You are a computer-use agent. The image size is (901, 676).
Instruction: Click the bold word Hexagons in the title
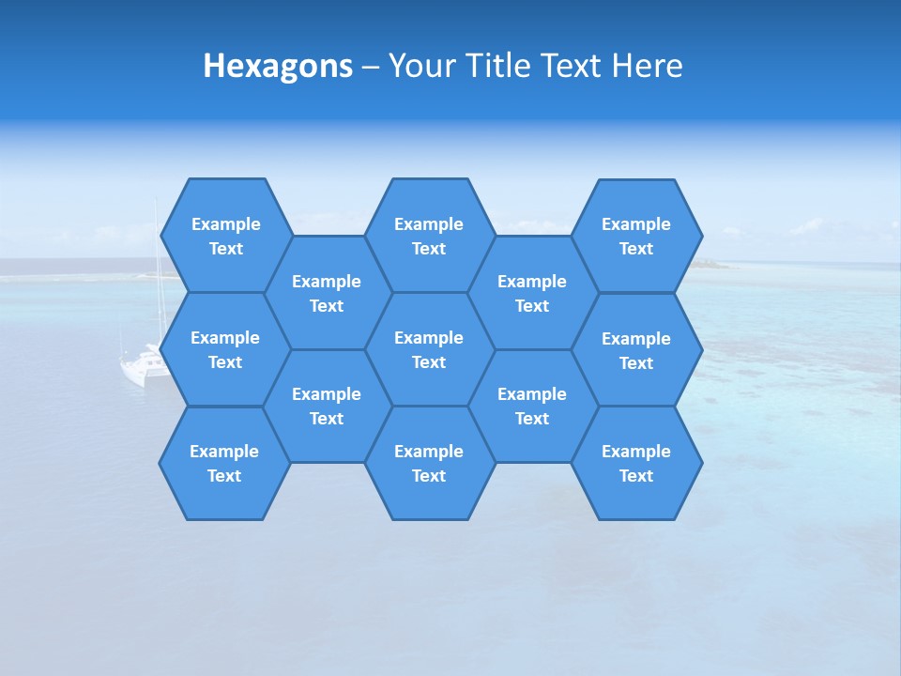[x=278, y=67]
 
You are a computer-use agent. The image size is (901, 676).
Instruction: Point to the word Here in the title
[x=648, y=67]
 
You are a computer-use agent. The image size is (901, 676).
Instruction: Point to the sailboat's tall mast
[x=157, y=272]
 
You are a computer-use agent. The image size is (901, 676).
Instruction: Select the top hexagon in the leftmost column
[x=225, y=236]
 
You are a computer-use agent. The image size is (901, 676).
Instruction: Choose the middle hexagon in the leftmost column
[x=225, y=349]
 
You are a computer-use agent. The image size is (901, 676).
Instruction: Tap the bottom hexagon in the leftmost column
[x=224, y=463]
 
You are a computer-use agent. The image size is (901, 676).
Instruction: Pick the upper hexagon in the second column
[x=327, y=293]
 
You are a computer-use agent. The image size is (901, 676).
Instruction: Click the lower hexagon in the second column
[x=327, y=406]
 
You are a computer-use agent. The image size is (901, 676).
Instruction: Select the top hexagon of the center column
[x=429, y=236]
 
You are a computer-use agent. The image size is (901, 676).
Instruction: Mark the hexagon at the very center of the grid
[x=429, y=349]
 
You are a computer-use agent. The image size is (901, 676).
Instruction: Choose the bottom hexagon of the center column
[x=429, y=463]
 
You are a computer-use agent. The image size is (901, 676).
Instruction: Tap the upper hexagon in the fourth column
[x=532, y=293]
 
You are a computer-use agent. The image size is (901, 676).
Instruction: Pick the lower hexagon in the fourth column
[x=532, y=406]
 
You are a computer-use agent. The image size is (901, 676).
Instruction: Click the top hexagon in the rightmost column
[x=636, y=236]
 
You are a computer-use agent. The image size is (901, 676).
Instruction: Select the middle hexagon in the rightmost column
[x=636, y=350]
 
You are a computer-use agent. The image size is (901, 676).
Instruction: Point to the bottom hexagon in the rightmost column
[x=636, y=463]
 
